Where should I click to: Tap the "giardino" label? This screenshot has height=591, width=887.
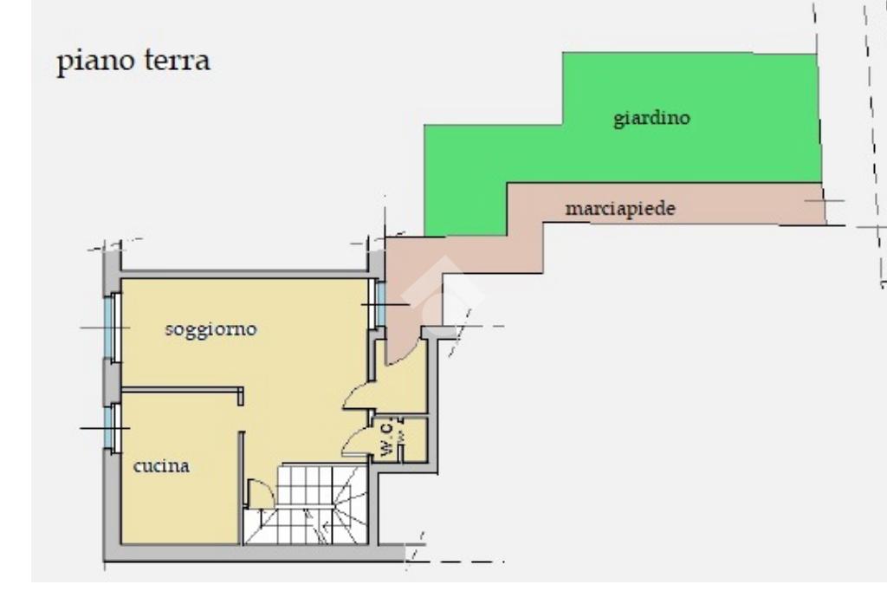(x=651, y=118)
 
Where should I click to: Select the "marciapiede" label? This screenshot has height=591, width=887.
(x=619, y=209)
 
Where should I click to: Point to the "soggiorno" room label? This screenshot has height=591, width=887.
(x=210, y=330)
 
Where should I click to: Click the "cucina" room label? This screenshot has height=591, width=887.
(x=161, y=466)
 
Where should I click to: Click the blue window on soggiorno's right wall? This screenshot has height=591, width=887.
(x=379, y=303)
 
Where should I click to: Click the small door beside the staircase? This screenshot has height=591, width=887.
(x=260, y=494)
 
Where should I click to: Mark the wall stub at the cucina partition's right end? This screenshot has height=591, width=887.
(x=240, y=396)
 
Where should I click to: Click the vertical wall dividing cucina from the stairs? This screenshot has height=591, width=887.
(x=240, y=485)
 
